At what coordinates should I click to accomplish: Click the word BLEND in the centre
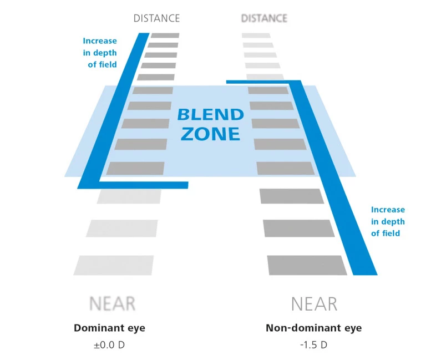pos(211,115)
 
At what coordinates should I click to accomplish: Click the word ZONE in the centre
pos(211,134)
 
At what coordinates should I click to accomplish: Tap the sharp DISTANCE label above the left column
pos(157,18)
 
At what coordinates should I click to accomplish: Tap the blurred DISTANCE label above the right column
pos(264,18)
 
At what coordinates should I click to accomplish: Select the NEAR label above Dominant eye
pos(112,303)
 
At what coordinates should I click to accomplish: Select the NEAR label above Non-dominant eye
pos(314,303)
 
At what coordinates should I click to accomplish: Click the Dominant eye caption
pos(109,328)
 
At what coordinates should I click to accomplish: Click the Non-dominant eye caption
pos(313,328)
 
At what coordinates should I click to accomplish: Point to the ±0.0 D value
pos(109,344)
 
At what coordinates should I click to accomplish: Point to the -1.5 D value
pos(314,344)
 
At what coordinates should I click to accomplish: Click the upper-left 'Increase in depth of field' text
pos(100,52)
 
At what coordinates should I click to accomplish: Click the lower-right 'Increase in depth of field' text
pos(388,221)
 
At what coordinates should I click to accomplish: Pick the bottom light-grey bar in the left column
pos(114,265)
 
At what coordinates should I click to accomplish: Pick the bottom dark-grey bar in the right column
pos(307,265)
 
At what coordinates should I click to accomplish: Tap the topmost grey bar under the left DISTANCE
pos(165,36)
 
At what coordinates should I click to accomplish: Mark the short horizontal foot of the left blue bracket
pos(144,185)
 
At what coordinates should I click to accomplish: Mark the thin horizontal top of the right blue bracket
pos(261,82)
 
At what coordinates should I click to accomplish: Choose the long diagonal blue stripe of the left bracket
pos(114,111)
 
